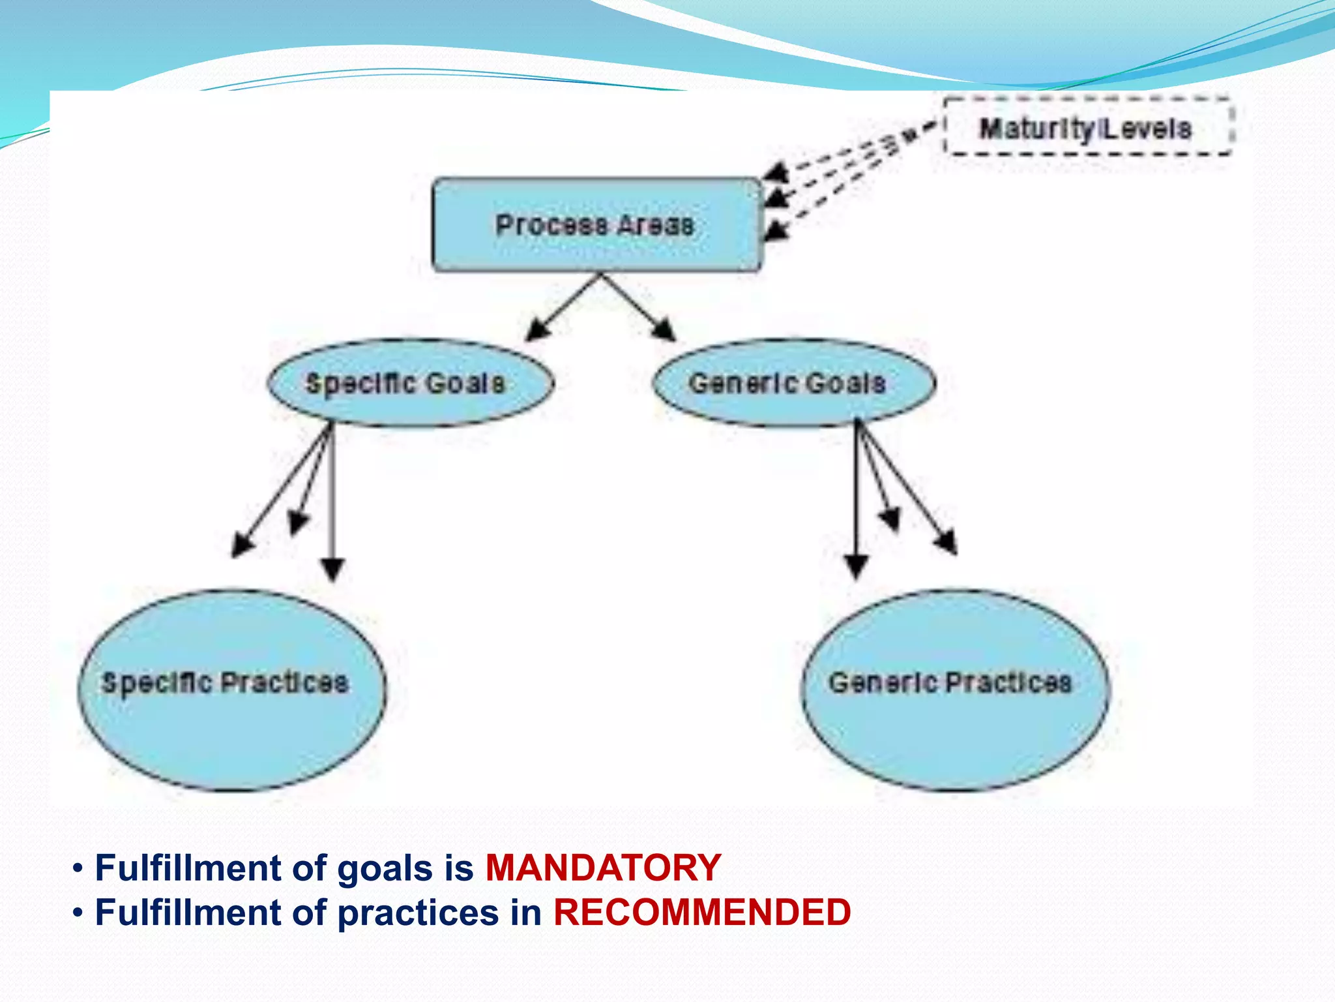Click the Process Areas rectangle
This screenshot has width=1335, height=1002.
[x=596, y=225]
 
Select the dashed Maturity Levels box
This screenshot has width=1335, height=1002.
[x=1087, y=128]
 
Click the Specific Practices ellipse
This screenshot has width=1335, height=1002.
[x=231, y=691]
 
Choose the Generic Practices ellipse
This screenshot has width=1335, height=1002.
[x=954, y=691]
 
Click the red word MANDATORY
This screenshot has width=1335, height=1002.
[x=603, y=868]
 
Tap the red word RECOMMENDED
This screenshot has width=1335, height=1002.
[x=701, y=912]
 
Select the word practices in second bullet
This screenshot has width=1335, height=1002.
[x=418, y=913]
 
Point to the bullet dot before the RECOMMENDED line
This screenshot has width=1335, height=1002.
[x=78, y=913]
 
